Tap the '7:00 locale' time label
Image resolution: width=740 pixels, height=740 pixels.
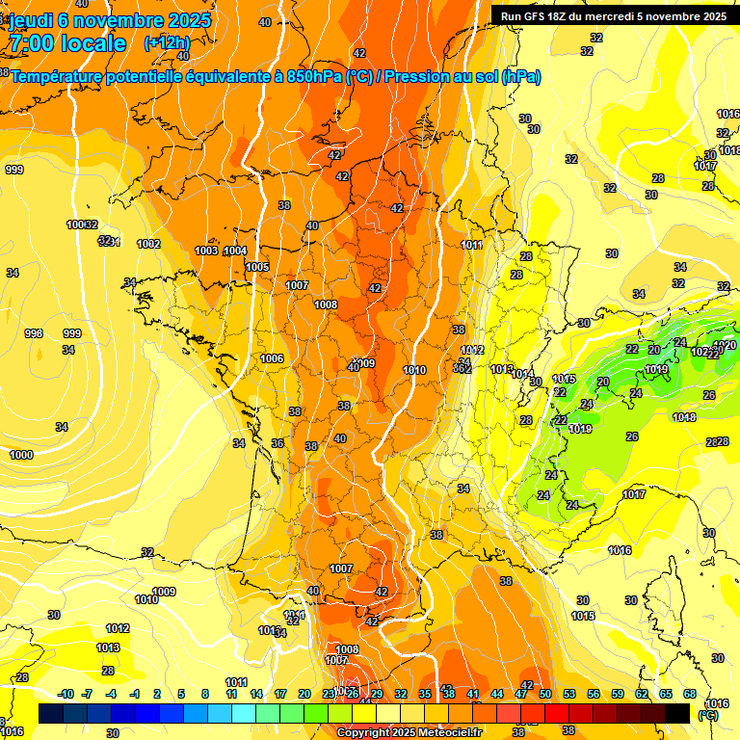click(67, 43)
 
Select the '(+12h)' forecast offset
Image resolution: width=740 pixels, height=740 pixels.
click(167, 43)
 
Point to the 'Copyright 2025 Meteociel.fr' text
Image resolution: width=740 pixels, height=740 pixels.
click(410, 732)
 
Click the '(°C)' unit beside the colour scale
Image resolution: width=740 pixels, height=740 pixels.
click(707, 716)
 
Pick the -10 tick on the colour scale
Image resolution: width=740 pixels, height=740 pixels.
click(66, 694)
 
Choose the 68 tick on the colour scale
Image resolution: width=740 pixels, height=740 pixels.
click(690, 694)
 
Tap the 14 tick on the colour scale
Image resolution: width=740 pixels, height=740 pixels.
click(256, 694)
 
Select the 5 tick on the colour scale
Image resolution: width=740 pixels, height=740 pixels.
click(182, 694)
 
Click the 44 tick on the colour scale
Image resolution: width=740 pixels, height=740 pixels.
click(497, 694)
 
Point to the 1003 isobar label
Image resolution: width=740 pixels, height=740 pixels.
click(206, 251)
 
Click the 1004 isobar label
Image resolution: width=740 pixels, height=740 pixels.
click(235, 251)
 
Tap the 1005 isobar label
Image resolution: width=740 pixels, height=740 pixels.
click(257, 267)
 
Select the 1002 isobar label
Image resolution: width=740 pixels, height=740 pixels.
click(148, 244)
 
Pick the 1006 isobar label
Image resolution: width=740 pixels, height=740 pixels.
click(273, 358)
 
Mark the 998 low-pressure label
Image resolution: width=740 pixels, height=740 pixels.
click(34, 333)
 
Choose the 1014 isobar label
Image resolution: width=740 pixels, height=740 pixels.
click(522, 374)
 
